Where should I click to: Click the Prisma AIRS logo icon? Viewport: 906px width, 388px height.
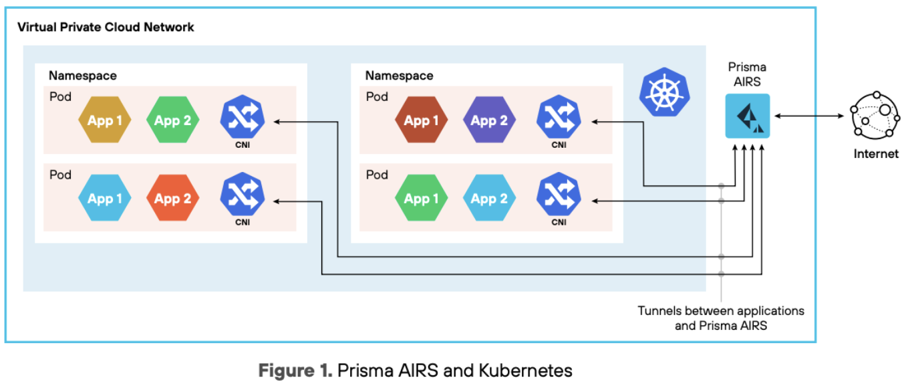tap(748, 116)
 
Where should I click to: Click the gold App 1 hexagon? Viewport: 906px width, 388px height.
tap(100, 120)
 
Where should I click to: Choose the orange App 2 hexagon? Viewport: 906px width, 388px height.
tap(172, 199)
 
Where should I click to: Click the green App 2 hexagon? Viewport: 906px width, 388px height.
tap(172, 120)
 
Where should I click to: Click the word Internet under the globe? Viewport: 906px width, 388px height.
tap(876, 154)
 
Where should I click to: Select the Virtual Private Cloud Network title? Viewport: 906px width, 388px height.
tap(106, 27)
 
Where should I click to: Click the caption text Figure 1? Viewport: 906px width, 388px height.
tap(295, 370)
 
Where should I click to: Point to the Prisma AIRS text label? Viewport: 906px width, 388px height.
tap(748, 74)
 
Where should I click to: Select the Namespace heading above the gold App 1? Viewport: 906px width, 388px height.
tap(82, 76)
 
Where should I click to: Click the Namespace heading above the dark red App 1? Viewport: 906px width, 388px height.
tap(399, 76)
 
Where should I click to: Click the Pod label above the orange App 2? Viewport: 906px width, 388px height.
tap(60, 175)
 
